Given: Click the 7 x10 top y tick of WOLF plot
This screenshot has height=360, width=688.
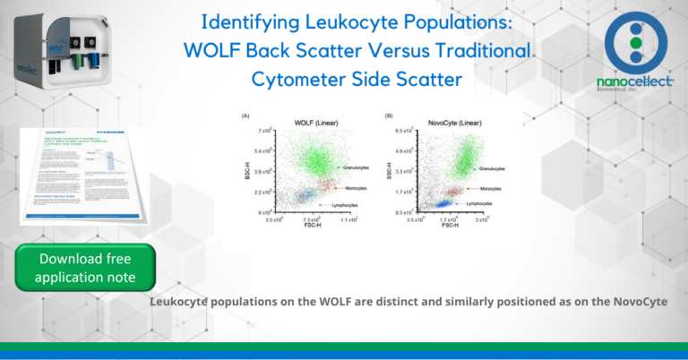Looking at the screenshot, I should (262, 132).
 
